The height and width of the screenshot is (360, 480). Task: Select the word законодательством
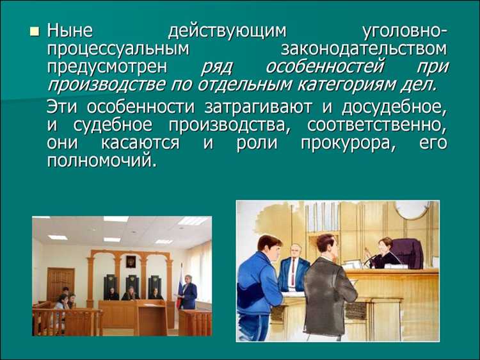pos(364,49)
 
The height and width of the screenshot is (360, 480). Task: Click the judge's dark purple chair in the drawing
pos(408,253)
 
